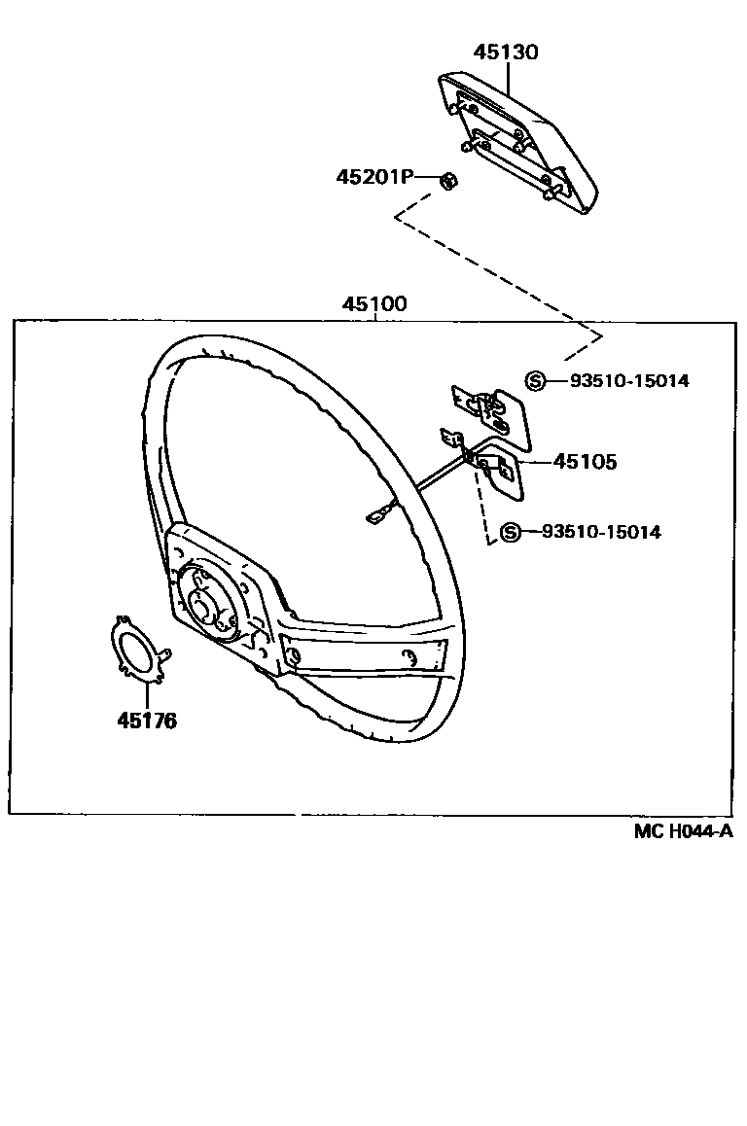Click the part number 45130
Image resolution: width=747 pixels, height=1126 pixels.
pos(506,53)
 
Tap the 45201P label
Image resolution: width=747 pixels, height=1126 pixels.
pos(375,177)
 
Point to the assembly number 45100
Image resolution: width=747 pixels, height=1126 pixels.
pos(373,304)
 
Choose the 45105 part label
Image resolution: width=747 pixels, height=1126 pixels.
pos(585,462)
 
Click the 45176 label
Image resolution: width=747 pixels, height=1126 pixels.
pos(147,721)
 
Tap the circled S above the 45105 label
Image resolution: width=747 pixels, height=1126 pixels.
pos(534,381)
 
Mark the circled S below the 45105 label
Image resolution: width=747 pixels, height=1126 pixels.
pos(510,532)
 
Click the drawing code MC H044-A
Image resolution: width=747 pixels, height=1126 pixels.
pos(683,830)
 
